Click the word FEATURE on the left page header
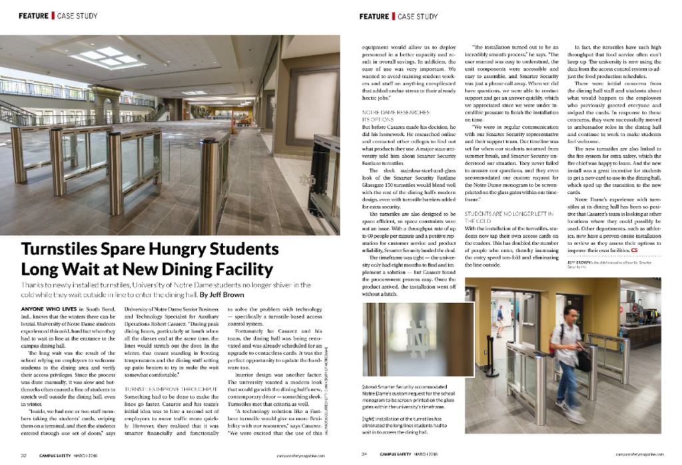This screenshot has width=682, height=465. click(x=35, y=15)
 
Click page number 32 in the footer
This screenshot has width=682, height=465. click(x=23, y=456)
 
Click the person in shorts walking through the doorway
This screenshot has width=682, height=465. click(x=500, y=322)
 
